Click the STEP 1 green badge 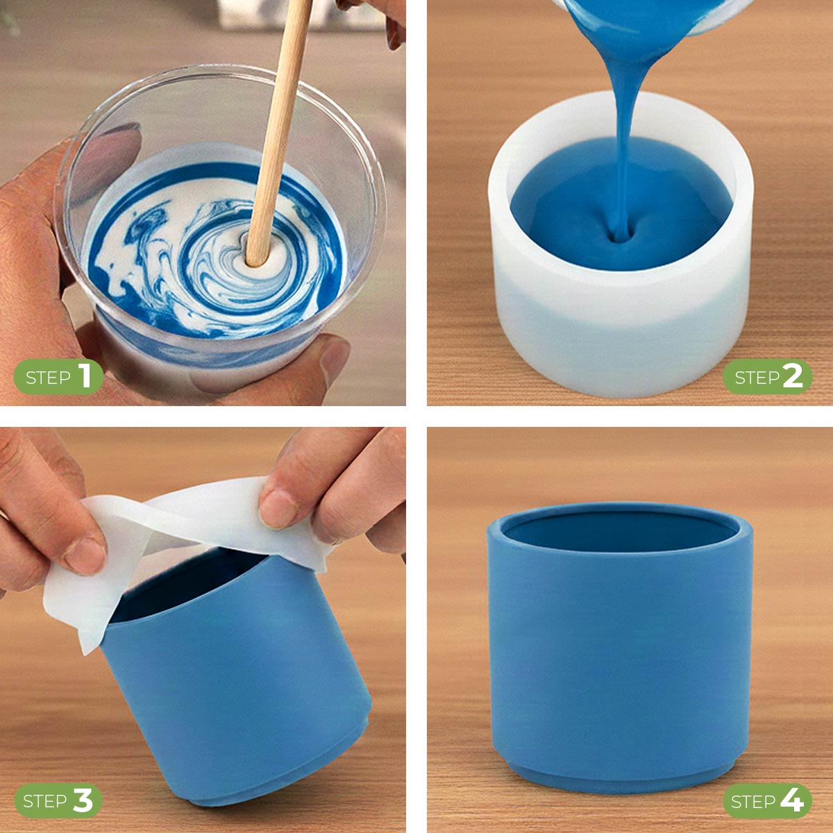point(58,377)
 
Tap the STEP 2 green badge point(768,377)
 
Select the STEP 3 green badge point(58,801)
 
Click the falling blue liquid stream point(624,139)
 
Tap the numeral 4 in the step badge point(791,800)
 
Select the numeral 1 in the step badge point(85,376)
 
